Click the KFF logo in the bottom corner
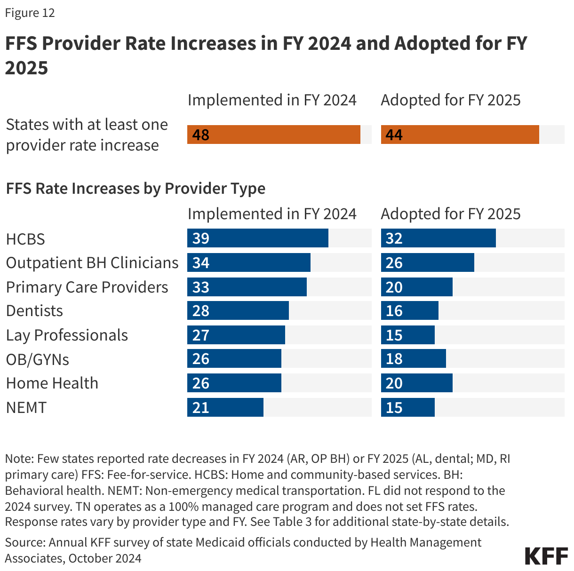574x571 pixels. pyautogui.click(x=546, y=556)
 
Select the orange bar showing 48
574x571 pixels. pyautogui.click(x=273, y=135)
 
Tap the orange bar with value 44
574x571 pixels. pyautogui.click(x=460, y=135)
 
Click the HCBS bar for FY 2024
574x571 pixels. pyautogui.click(x=257, y=238)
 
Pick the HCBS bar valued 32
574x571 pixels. pyautogui.click(x=438, y=238)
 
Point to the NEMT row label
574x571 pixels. pyautogui.click(x=26, y=407)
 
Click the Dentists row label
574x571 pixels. pyautogui.click(x=34, y=311)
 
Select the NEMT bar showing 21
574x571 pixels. pyautogui.click(x=225, y=407)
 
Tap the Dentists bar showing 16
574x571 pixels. pyautogui.click(x=409, y=311)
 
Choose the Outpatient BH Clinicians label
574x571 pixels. pyautogui.click(x=92, y=263)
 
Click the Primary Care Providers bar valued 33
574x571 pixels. pyautogui.click(x=247, y=287)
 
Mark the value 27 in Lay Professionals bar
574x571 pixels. pyautogui.click(x=201, y=335)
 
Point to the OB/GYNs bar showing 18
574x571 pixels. pyautogui.click(x=413, y=359)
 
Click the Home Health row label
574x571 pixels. pyautogui.click(x=52, y=383)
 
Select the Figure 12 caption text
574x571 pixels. pyautogui.click(x=30, y=13)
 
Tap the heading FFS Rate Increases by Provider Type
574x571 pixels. pyautogui.click(x=136, y=189)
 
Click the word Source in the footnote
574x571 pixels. pyautogui.click(x=24, y=543)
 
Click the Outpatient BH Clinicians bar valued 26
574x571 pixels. pyautogui.click(x=427, y=262)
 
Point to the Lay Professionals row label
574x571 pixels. pyautogui.click(x=67, y=335)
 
